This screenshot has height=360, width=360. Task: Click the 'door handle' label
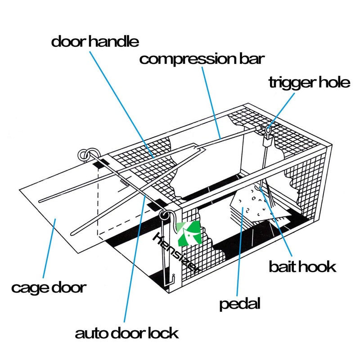pyautogui.click(x=95, y=41)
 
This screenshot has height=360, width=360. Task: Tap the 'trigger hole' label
pyautogui.click(x=309, y=83)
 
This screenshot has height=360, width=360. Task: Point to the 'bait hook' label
pyautogui.click(x=302, y=266)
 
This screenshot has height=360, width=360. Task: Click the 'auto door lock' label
pyautogui.click(x=127, y=333)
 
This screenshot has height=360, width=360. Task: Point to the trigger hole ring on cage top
pyautogui.click(x=268, y=130)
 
